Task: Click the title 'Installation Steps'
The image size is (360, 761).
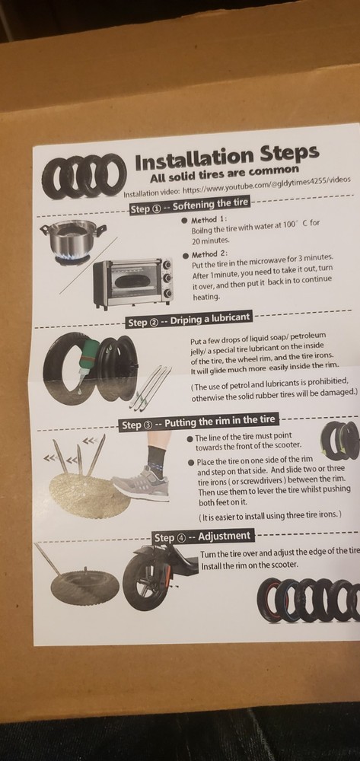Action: [x=227, y=157]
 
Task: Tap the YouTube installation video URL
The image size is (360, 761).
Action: [x=266, y=184]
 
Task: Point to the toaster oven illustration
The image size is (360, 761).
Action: [x=133, y=282]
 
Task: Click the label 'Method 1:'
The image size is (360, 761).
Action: [x=206, y=220]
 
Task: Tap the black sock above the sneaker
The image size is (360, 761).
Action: [x=156, y=460]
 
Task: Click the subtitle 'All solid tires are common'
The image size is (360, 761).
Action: [x=225, y=173]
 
